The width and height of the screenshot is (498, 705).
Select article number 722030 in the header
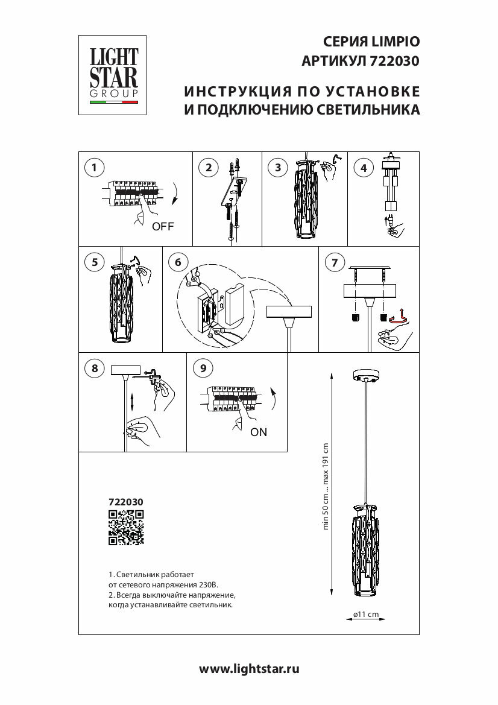click(396, 60)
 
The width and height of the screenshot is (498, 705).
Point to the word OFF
click(163, 227)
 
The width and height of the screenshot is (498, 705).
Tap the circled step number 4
click(363, 168)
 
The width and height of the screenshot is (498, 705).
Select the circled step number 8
click(93, 368)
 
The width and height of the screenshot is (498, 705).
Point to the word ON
click(259, 432)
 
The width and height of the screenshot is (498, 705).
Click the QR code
click(126, 527)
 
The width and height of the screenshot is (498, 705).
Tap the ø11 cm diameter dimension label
click(366, 614)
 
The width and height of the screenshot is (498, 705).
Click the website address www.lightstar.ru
click(249, 668)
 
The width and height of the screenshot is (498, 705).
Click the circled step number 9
click(203, 368)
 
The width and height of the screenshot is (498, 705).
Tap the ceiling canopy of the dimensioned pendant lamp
click(366, 376)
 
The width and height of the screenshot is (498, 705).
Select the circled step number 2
click(209, 168)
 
